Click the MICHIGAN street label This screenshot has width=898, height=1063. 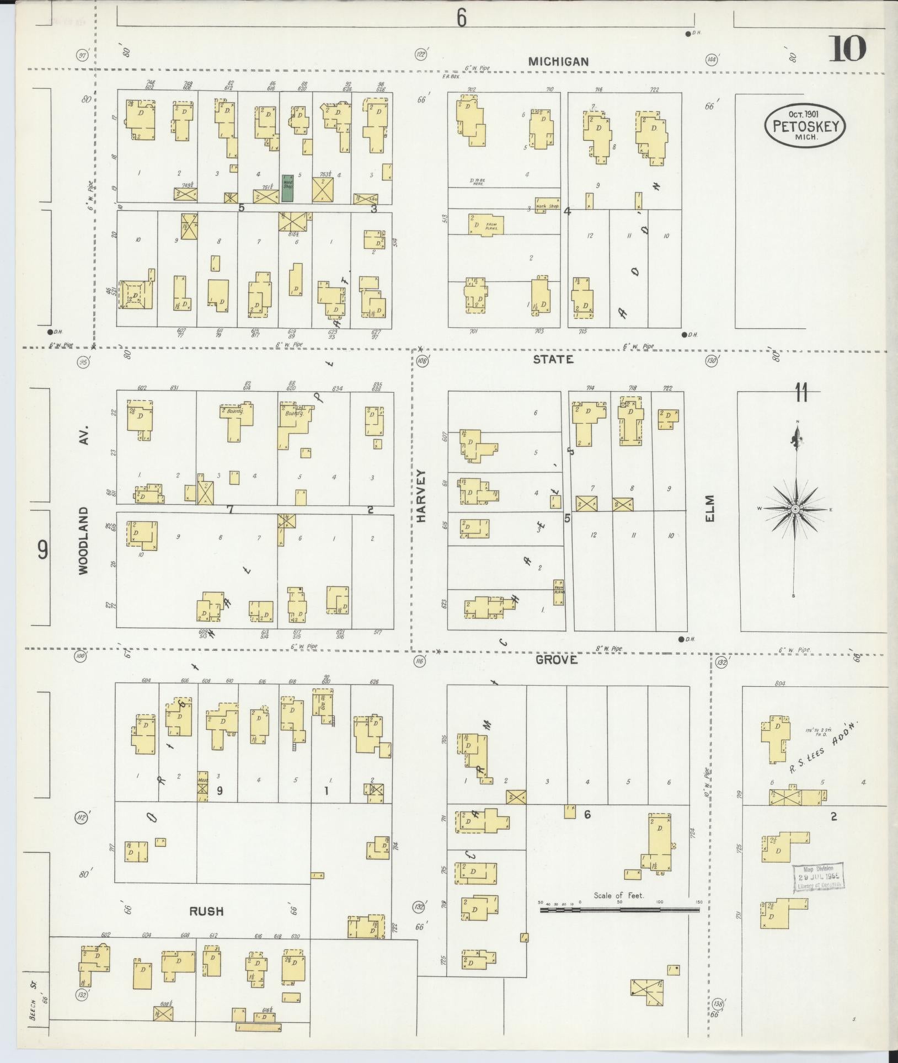558,62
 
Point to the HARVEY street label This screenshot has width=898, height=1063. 423,495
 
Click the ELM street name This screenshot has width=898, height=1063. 709,508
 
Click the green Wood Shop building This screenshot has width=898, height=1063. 287,188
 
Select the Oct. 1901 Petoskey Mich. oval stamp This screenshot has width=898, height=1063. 805,126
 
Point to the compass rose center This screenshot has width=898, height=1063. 795,509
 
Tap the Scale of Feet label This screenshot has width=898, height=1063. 619,895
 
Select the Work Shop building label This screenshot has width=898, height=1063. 547,206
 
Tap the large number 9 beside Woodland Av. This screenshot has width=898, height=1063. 42,550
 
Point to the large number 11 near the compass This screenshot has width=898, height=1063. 801,395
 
